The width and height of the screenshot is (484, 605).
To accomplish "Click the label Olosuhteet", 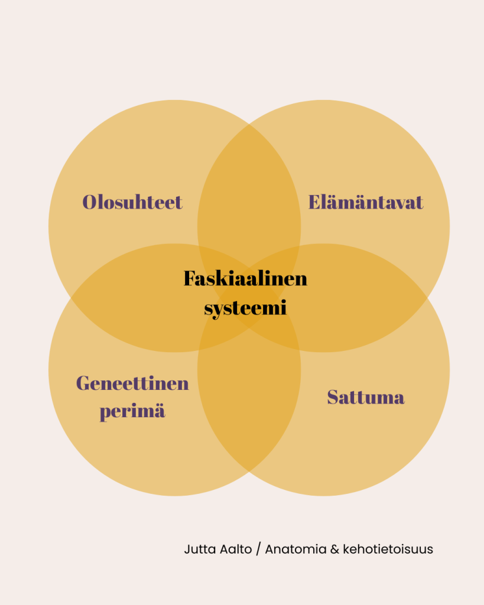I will pyautogui.click(x=132, y=202).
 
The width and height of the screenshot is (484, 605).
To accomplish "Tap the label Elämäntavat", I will pyautogui.click(x=366, y=202).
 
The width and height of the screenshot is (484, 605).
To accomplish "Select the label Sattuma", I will pyautogui.click(x=366, y=397).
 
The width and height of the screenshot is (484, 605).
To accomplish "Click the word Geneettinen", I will pyautogui.click(x=132, y=383).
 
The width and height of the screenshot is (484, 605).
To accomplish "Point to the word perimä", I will pyautogui.click(x=132, y=411).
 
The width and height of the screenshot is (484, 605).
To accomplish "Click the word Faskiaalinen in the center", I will pyautogui.click(x=245, y=278).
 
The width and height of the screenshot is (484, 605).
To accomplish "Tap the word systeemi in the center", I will pyautogui.click(x=245, y=308).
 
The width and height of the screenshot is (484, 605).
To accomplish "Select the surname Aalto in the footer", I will pyautogui.click(x=236, y=549).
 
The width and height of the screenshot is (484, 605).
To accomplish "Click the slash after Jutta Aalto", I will pyautogui.click(x=258, y=549).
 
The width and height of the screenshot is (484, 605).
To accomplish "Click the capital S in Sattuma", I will pyautogui.click(x=334, y=397).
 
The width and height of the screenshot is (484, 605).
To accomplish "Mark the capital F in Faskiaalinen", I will pyautogui.click(x=190, y=278).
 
